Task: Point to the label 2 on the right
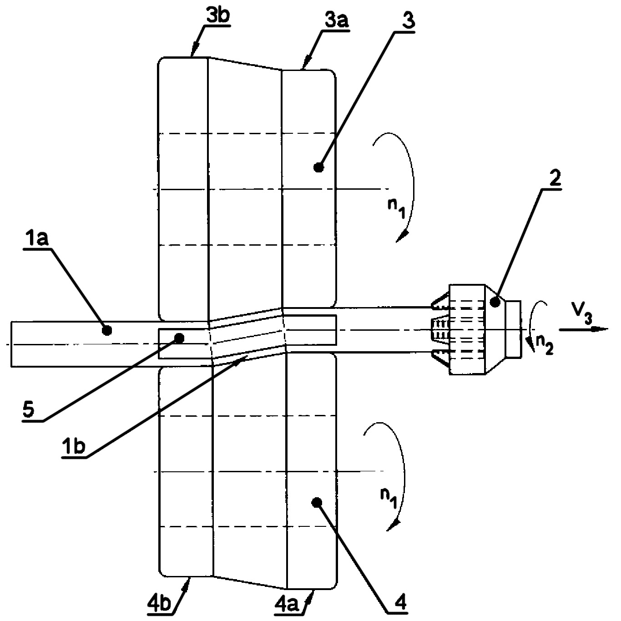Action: (555, 177)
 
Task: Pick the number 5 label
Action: (28, 410)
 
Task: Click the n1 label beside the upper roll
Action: (396, 208)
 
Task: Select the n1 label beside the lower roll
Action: (389, 497)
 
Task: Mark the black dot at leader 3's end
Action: (319, 167)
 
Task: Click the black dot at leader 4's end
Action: (317, 502)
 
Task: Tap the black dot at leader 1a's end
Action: (106, 330)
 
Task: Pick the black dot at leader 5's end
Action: (179, 338)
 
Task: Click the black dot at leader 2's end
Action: (495, 302)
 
